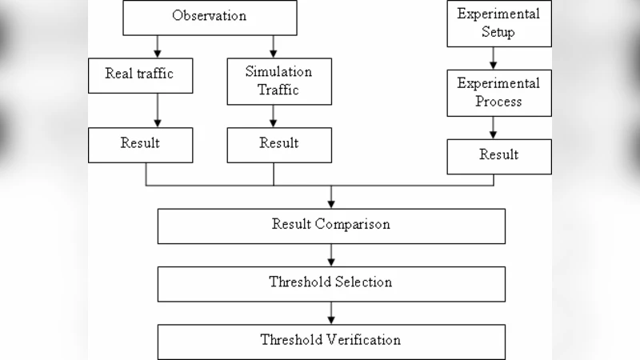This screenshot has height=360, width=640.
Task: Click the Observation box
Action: (209, 17)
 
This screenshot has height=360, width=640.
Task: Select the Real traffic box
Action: (139, 74)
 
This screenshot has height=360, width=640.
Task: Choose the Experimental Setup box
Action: (498, 23)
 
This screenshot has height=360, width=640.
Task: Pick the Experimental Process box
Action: (498, 92)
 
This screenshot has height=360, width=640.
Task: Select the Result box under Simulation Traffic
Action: (278, 144)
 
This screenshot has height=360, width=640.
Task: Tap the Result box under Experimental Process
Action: (498, 155)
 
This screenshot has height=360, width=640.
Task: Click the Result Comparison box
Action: (331, 225)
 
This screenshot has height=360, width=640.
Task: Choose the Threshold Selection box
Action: (331, 282)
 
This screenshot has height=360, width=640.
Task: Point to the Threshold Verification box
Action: (331, 340)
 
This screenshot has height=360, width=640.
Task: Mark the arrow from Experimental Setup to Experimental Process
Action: (493, 57)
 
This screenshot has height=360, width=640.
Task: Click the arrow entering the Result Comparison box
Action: (331, 197)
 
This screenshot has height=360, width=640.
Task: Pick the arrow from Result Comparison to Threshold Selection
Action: (331, 254)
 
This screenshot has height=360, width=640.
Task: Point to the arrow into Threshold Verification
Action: (331, 312)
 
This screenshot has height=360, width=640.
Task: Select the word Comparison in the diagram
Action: (353, 225)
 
